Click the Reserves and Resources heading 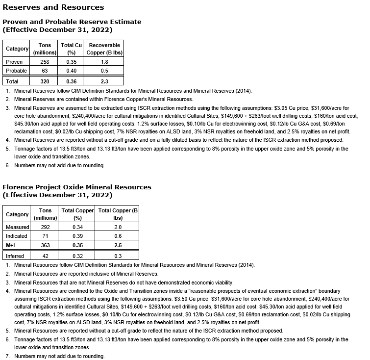(53, 7)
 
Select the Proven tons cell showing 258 (45, 62)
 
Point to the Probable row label (16, 71)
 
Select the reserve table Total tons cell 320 (45, 81)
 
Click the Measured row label (17, 227)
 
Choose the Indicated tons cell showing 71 (45, 236)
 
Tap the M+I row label (11, 245)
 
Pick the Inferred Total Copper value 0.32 (77, 256)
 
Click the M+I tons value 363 (45, 245)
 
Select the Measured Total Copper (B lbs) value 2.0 (118, 227)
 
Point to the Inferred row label (16, 256)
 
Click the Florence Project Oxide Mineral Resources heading (77, 187)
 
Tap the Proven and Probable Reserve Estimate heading (72, 22)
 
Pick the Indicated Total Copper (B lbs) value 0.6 (118, 236)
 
